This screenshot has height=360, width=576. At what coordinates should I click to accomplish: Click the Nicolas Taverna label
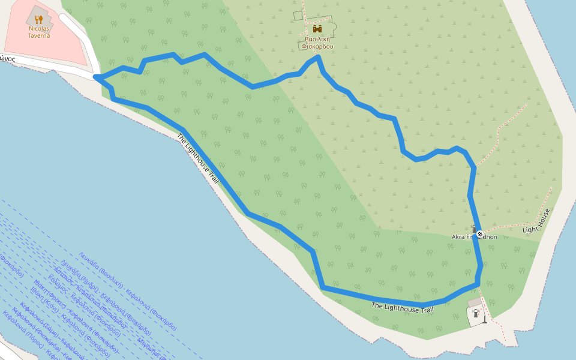[38, 32]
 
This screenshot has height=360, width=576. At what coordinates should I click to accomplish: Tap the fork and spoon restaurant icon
[39, 19]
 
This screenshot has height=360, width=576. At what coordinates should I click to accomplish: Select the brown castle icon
[317, 29]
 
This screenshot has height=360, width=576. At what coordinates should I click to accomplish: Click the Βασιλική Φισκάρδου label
[317, 43]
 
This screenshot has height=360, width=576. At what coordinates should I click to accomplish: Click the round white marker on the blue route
[480, 233]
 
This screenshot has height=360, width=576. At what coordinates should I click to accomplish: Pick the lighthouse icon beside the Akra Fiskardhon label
[474, 229]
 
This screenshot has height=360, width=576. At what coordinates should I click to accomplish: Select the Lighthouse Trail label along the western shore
[197, 158]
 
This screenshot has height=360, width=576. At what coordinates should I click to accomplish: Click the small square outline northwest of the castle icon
[298, 15]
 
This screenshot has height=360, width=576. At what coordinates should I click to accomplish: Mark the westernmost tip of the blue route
[95, 77]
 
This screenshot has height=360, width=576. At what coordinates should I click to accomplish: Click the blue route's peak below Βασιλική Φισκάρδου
[318, 57]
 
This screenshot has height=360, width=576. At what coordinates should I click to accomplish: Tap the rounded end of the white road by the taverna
[64, 19]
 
